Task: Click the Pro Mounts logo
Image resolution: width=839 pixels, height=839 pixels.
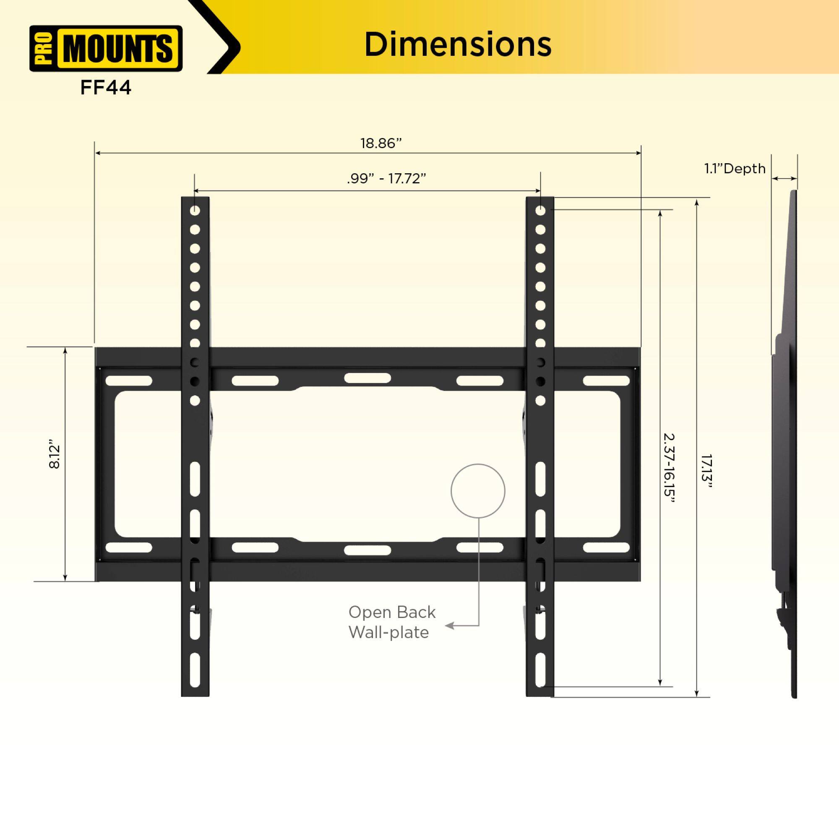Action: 106,48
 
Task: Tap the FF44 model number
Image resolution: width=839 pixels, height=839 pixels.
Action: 106,88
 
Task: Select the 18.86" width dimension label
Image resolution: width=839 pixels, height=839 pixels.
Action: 381,143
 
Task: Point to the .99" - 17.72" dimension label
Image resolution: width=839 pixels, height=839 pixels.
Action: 386,178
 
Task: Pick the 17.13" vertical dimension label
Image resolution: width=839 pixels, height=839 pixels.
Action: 706,471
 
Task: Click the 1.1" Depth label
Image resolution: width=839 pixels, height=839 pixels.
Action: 735,169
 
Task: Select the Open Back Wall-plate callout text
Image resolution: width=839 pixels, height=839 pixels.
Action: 391,622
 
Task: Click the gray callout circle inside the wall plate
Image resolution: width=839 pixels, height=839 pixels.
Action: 478,491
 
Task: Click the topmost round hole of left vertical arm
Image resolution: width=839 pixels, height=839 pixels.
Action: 195,211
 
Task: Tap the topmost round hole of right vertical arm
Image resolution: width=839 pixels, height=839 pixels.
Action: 540,211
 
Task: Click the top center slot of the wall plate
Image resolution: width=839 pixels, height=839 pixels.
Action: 367,378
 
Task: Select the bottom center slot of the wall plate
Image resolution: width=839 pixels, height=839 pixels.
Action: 367,550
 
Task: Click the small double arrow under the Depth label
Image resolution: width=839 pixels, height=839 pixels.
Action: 785,178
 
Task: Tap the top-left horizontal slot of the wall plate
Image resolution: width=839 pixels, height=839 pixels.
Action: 128,381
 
